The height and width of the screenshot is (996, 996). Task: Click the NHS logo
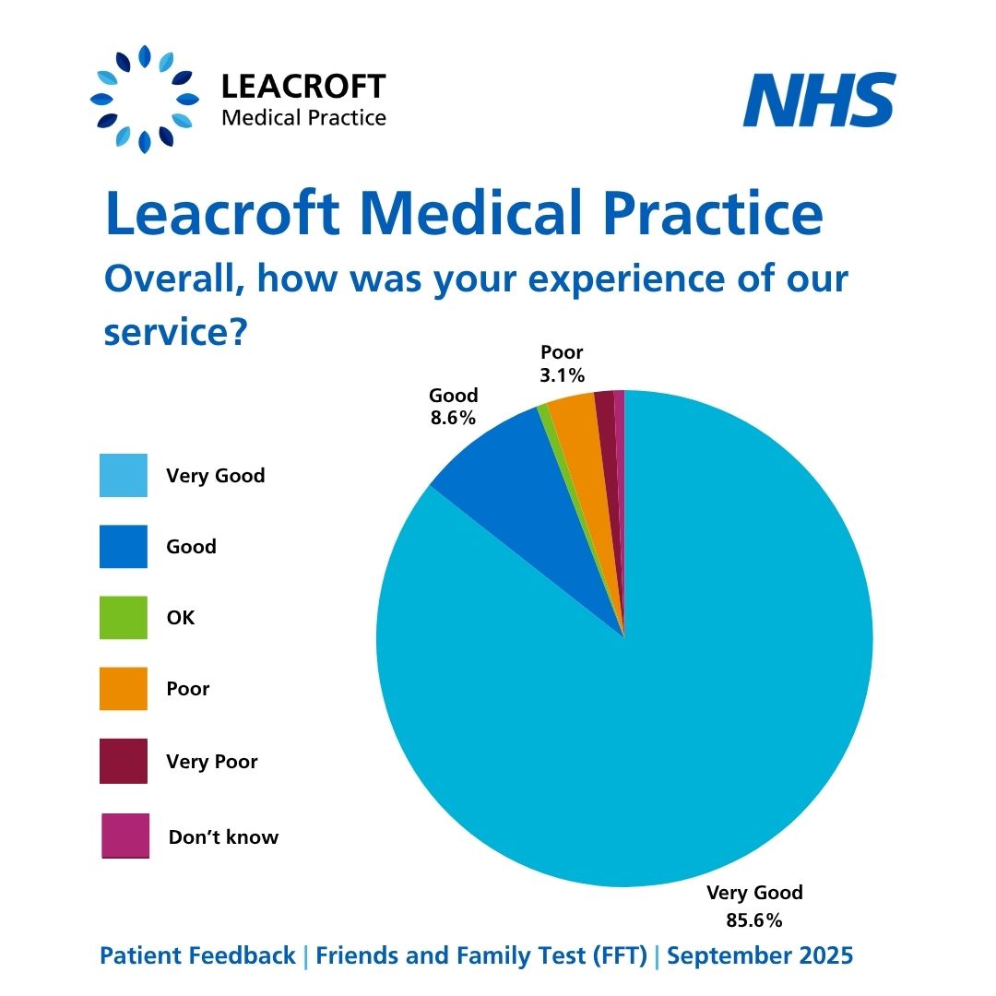point(819,101)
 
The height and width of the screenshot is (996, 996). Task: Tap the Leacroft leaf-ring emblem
point(145,99)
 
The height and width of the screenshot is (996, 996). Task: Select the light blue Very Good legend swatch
point(124,476)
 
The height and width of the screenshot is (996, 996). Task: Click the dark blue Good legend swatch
point(124,547)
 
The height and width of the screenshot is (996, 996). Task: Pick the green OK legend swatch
point(124,618)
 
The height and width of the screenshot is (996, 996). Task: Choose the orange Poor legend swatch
point(124,689)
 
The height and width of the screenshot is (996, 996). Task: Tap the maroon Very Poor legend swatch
point(124,762)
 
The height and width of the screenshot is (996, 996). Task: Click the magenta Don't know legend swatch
point(125,836)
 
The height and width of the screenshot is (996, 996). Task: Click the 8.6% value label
point(453,418)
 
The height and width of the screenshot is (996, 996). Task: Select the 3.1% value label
point(563,375)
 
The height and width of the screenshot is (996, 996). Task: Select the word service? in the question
point(174,331)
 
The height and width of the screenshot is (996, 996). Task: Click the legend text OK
point(181,618)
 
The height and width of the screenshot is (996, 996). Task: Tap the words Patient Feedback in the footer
point(198,956)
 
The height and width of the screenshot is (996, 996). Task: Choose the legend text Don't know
point(223,837)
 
